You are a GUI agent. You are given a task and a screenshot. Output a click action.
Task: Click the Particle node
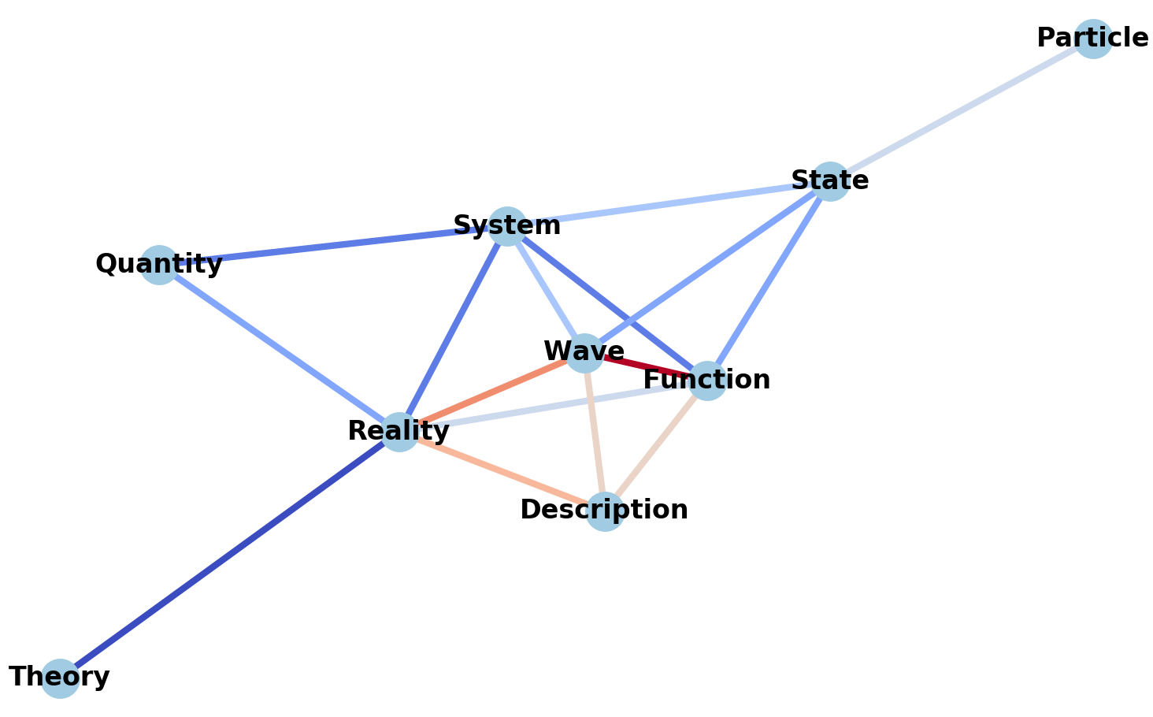click(x=1092, y=39)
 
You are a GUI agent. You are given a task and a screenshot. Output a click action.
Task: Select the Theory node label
click(x=59, y=677)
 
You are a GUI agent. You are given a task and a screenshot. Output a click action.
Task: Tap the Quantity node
click(x=159, y=265)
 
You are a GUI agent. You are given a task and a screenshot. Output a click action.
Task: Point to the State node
click(x=830, y=181)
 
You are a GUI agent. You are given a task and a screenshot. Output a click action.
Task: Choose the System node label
click(x=506, y=226)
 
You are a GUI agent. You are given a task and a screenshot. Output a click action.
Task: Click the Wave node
click(x=584, y=352)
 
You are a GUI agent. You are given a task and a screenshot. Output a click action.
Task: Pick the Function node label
click(x=706, y=381)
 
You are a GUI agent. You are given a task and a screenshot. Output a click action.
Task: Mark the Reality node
click(x=399, y=432)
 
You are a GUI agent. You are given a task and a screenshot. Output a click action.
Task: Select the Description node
click(x=604, y=511)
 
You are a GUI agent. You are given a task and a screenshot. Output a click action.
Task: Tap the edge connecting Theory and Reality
click(x=228, y=555)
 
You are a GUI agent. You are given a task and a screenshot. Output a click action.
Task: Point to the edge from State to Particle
click(x=961, y=110)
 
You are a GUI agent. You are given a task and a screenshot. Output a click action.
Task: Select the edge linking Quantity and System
click(x=331, y=246)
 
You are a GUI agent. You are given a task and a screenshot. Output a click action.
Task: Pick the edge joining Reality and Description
click(x=502, y=471)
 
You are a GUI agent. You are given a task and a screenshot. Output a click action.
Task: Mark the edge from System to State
click(x=669, y=203)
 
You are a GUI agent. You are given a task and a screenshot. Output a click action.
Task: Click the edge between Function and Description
click(x=655, y=446)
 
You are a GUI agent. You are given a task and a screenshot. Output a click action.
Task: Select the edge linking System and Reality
click(x=453, y=329)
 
